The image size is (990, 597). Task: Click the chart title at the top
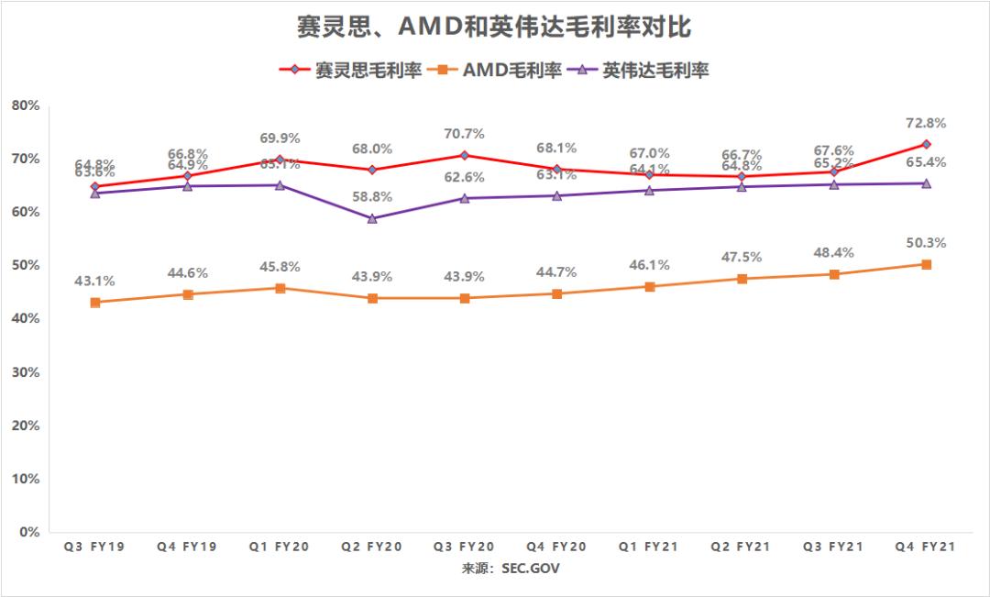point(495,28)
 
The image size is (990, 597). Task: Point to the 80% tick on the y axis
point(25,105)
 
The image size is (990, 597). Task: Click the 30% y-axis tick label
point(25,372)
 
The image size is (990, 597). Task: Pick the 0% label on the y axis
point(28,532)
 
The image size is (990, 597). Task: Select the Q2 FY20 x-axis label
point(371,547)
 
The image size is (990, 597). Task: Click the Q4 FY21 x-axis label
point(926,547)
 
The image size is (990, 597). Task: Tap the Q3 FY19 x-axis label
point(94,547)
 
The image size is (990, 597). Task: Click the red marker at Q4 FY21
point(926,144)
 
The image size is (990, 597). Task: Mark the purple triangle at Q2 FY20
point(372,218)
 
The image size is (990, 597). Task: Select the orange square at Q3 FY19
point(95,302)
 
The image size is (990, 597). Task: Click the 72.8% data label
point(926,123)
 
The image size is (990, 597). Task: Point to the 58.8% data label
point(371,196)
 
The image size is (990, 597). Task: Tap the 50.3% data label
point(926,243)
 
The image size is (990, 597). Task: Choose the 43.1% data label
point(95,281)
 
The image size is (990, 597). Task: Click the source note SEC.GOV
point(511,569)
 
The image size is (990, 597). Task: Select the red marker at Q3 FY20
point(465,155)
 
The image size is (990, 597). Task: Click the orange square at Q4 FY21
point(926,264)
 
